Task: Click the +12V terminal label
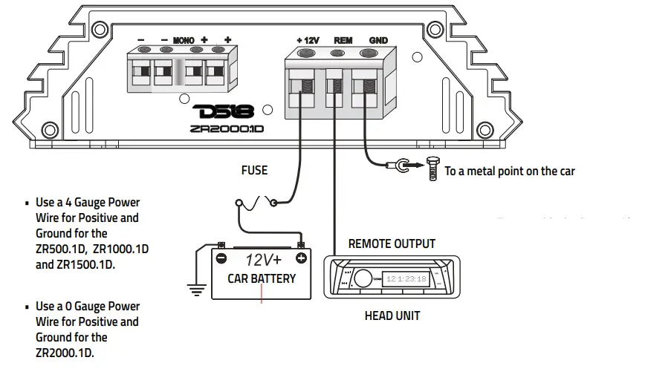[x=307, y=40]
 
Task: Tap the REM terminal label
[x=343, y=40]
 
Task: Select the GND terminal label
[x=378, y=40]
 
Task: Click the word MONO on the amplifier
[x=183, y=40]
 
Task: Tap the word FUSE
[x=254, y=170]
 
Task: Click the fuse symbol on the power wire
[x=257, y=201]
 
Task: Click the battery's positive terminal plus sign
[x=300, y=258]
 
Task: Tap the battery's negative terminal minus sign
[x=221, y=258]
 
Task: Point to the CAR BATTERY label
[x=262, y=279]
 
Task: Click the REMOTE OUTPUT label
[x=392, y=243]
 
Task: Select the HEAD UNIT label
[x=392, y=316]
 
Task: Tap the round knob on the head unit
[x=363, y=279]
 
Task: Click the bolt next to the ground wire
[x=432, y=171]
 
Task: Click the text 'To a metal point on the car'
[x=510, y=171]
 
